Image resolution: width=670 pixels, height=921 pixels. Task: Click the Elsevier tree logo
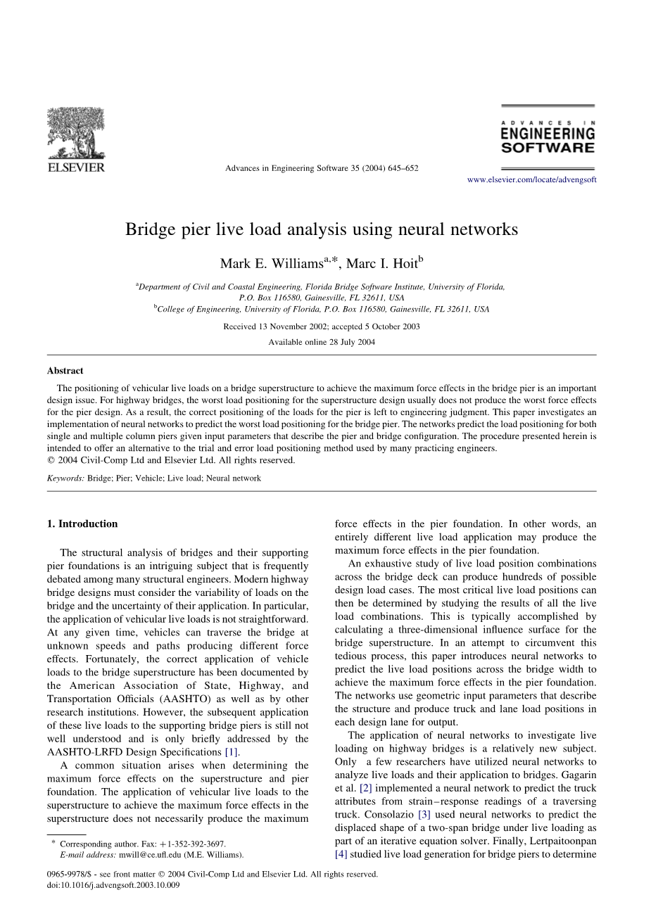coord(76,133)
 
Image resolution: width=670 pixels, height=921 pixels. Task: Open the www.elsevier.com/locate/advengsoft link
coord(531,180)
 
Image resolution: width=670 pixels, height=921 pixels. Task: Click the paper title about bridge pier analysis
coord(322,229)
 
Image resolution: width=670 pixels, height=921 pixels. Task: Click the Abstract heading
coord(65,371)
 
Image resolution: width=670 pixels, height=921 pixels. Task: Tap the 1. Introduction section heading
coord(82,524)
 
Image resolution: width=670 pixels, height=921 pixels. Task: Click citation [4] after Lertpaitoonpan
coord(341,855)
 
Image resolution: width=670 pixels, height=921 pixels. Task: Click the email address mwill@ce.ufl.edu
coord(146,855)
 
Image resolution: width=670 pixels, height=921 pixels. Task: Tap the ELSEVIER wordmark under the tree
coord(76,167)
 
